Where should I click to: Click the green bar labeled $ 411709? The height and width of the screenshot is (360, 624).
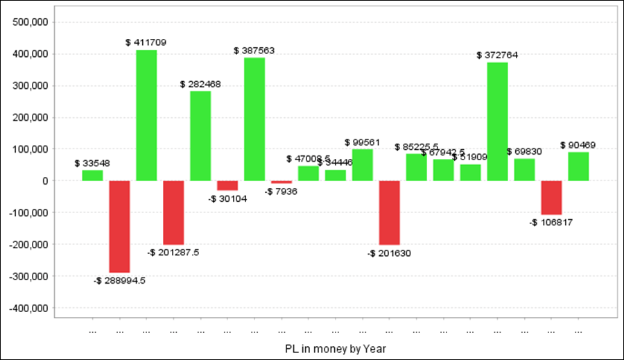point(146,115)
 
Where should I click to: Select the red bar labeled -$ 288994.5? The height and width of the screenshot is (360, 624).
point(119,226)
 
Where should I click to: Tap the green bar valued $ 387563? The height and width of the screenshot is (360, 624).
point(254,119)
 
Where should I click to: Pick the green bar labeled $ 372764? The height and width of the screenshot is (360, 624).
point(497,121)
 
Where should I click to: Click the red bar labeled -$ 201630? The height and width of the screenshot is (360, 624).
point(390,212)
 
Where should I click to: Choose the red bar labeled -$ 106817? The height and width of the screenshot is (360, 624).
point(551,198)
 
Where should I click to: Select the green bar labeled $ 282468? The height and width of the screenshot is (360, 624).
point(200,135)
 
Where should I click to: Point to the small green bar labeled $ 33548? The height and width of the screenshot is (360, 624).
point(92,175)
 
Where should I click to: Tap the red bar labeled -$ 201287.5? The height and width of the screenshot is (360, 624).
point(173,212)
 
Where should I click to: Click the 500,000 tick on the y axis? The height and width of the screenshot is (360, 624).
point(30,22)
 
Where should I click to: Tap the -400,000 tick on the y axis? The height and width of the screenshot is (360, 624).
point(28,307)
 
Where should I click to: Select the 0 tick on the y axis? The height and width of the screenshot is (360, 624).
point(44,180)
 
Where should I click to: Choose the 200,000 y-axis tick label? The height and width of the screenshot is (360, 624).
point(30,117)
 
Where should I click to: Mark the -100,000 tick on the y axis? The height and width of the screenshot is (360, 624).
point(28,212)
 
